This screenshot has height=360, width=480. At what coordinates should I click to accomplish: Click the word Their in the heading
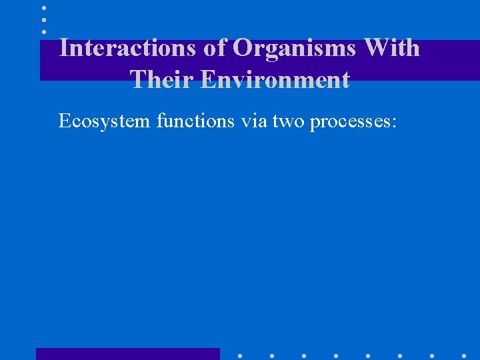click(161, 79)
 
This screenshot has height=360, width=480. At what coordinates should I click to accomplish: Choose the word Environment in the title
click(275, 79)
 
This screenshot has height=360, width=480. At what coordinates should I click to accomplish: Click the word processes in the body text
click(349, 122)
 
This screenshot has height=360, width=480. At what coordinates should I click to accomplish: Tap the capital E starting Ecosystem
click(64, 121)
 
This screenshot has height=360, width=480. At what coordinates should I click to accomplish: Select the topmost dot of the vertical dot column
click(44, 8)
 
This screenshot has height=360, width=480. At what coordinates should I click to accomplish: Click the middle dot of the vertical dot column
click(44, 20)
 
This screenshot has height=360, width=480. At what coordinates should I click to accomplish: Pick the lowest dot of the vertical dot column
click(44, 31)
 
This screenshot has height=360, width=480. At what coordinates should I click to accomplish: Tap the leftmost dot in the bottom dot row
click(239, 355)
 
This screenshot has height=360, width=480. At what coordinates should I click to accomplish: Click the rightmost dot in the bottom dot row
click(464, 355)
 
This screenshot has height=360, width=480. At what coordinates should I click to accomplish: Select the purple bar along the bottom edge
click(127, 354)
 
